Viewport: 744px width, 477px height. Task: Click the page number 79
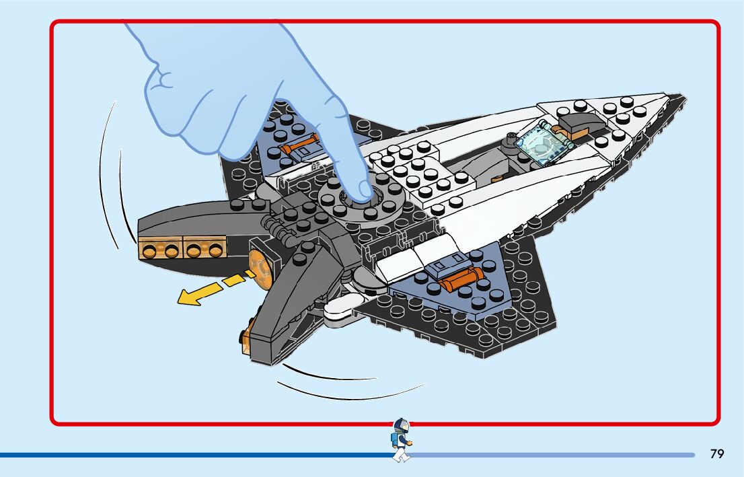[717, 454]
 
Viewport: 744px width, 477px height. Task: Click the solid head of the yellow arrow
[188, 296]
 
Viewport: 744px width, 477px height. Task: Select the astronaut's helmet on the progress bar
[402, 425]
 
